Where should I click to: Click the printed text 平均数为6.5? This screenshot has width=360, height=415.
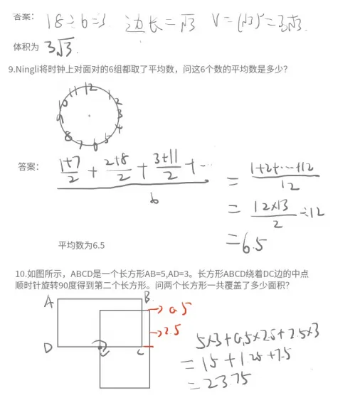(x=82, y=246)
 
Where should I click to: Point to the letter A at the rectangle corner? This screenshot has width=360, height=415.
(x=48, y=302)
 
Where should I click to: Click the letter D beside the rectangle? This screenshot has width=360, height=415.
(x=48, y=347)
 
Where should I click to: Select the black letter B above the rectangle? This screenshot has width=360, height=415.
(x=147, y=296)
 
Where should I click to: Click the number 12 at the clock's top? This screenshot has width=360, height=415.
(x=89, y=88)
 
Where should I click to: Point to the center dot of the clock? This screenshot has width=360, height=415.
(x=89, y=115)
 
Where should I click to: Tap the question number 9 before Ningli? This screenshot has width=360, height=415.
(x=9, y=69)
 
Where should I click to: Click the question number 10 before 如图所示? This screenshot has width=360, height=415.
(x=19, y=273)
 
